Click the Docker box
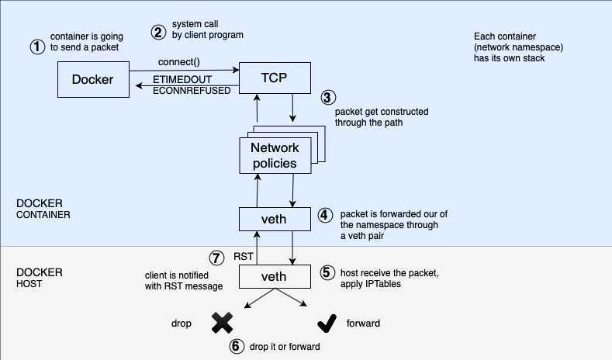pyautogui.click(x=92, y=80)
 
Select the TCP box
pyautogui.click(x=275, y=78)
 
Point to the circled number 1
pyautogui.click(x=36, y=47)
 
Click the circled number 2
pyautogui.click(x=158, y=33)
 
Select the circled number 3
pyautogui.click(x=328, y=98)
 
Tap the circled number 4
pyautogui.click(x=326, y=214)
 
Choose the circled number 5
pyautogui.click(x=326, y=273)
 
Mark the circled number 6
pyautogui.click(x=236, y=347)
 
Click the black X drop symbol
pyautogui.click(x=222, y=322)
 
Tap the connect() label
pyautogui.click(x=179, y=61)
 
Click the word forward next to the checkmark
pyautogui.click(x=364, y=323)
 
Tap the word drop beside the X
pyautogui.click(x=182, y=322)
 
